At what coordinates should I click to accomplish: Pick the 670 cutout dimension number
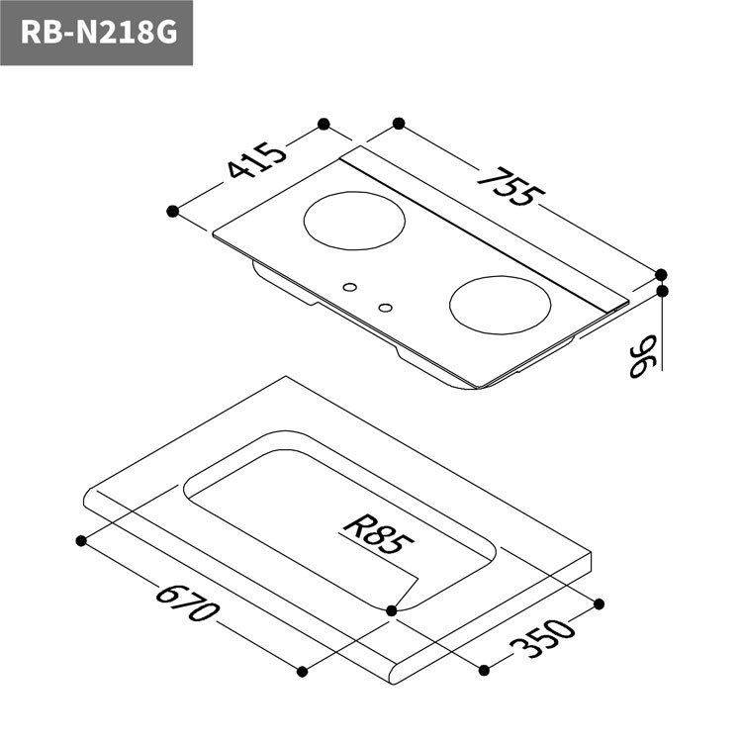point(185,604)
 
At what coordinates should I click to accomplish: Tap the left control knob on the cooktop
point(348,288)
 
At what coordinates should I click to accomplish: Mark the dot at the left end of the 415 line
point(173,210)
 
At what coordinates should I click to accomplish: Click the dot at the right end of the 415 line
point(323,124)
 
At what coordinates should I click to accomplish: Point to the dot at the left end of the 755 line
point(399,124)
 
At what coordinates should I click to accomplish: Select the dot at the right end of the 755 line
point(661,274)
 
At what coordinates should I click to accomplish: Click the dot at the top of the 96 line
point(661,291)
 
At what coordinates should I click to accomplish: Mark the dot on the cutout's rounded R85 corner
point(392,610)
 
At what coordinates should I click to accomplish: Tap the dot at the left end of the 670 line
point(80,540)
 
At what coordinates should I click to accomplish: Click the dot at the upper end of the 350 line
point(599,603)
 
